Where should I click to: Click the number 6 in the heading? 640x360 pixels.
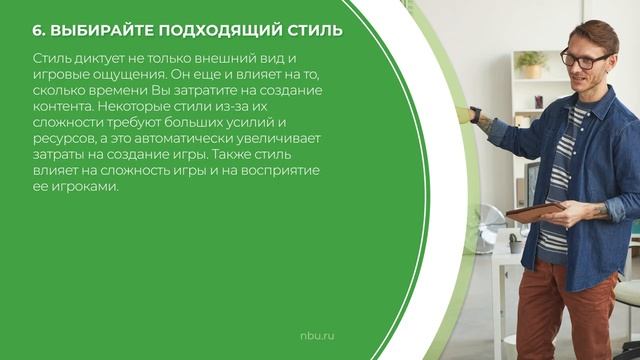(37, 30)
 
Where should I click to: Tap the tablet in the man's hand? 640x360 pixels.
(534, 210)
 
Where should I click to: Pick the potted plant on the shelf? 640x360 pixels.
(531, 66)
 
